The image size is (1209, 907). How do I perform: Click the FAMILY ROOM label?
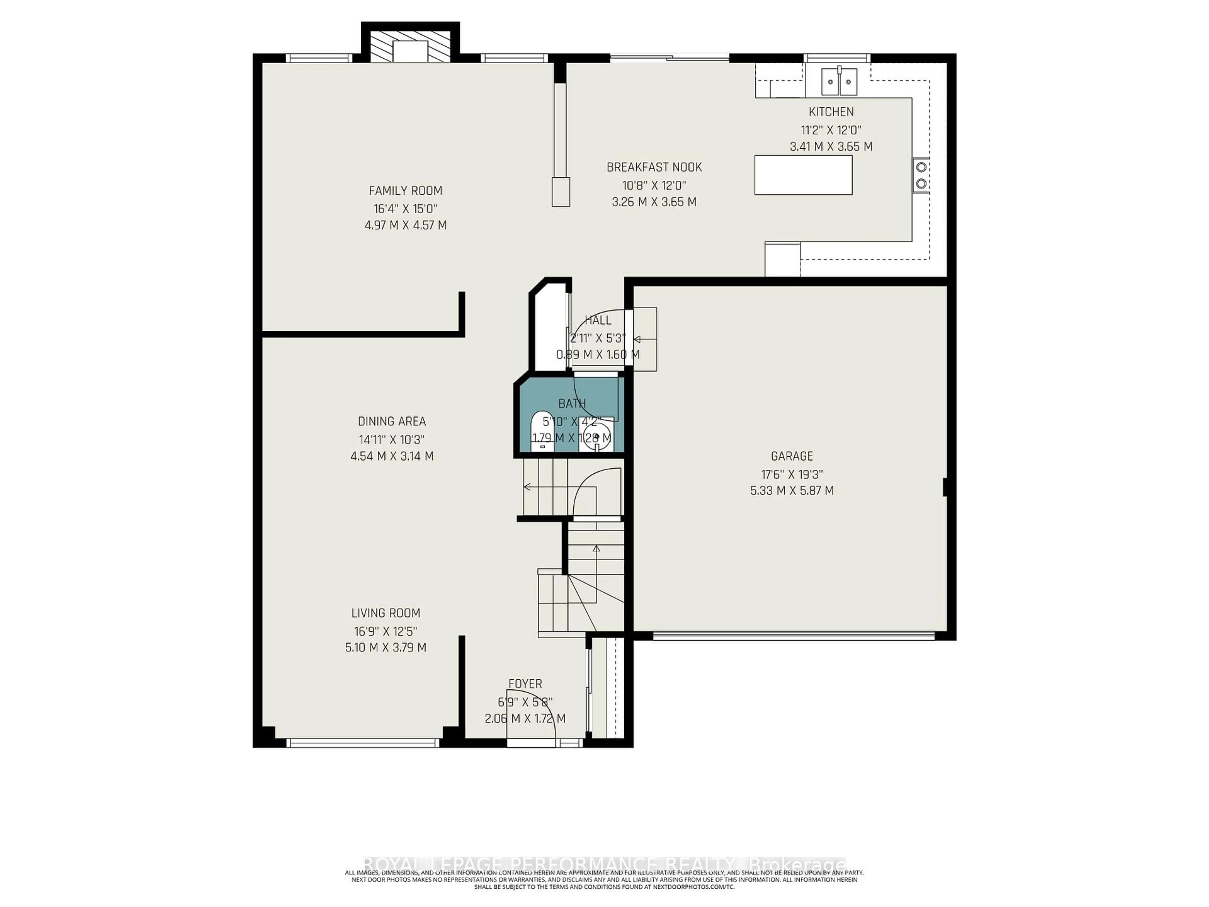click(405, 191)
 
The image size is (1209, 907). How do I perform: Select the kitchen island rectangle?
click(803, 175)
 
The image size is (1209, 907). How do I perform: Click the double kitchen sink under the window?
click(839, 82)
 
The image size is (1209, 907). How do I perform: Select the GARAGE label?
click(792, 456)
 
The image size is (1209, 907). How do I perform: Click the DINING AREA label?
click(391, 421)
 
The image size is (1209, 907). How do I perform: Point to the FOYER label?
click(525, 684)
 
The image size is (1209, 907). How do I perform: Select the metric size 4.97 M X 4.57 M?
click(405, 225)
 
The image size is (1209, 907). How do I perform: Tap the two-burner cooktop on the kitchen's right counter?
click(921, 175)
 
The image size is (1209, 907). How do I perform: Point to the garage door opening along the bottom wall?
click(794, 636)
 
